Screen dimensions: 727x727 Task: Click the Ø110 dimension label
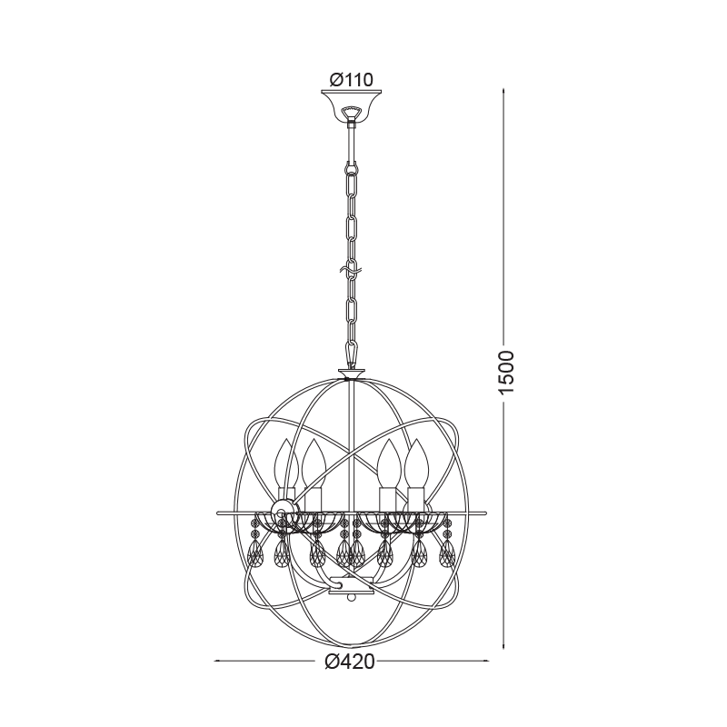[x=351, y=80]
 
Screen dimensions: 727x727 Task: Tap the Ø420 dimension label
[x=350, y=662]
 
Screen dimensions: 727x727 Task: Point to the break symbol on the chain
[x=352, y=270]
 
